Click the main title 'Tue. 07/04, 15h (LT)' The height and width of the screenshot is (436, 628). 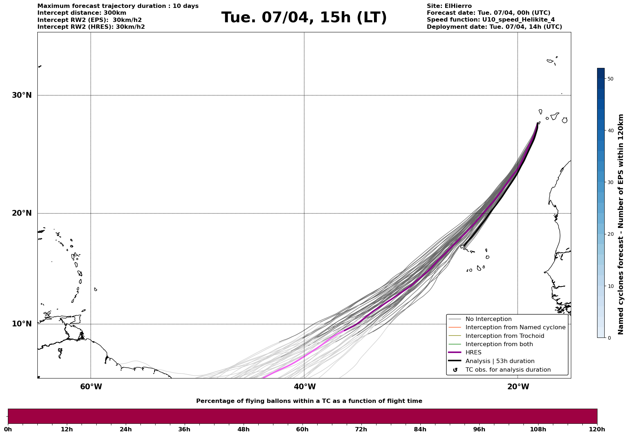[304, 18]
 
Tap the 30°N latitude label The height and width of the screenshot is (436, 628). [22, 95]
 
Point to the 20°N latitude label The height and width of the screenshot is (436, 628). [22, 213]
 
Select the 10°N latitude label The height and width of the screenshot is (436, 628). [22, 324]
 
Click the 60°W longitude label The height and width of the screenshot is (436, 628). [91, 387]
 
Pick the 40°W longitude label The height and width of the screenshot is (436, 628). [305, 387]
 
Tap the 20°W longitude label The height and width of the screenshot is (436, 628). [518, 387]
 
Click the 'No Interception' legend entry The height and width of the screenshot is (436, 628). [488, 319]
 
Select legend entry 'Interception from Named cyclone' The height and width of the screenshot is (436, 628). [515, 327]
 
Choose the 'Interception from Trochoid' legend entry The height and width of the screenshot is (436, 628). [504, 336]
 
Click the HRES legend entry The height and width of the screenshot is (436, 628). [473, 353]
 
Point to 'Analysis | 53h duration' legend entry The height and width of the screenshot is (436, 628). [500, 361]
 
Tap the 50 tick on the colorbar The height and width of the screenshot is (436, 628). [610, 79]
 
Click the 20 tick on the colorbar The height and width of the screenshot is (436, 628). [610, 234]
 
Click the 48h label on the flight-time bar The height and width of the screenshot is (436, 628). [243, 429]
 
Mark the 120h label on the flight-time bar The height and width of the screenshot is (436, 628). [597, 429]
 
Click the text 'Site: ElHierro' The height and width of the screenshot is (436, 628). [449, 6]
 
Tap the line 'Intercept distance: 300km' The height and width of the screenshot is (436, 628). [82, 13]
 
